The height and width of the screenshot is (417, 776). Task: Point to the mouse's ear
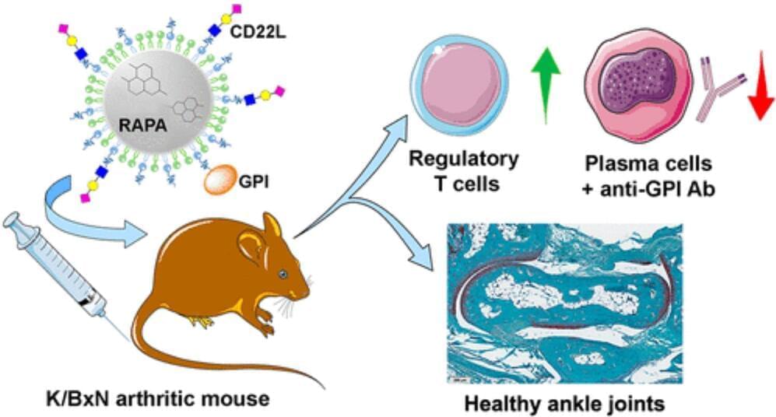[x=254, y=247]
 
